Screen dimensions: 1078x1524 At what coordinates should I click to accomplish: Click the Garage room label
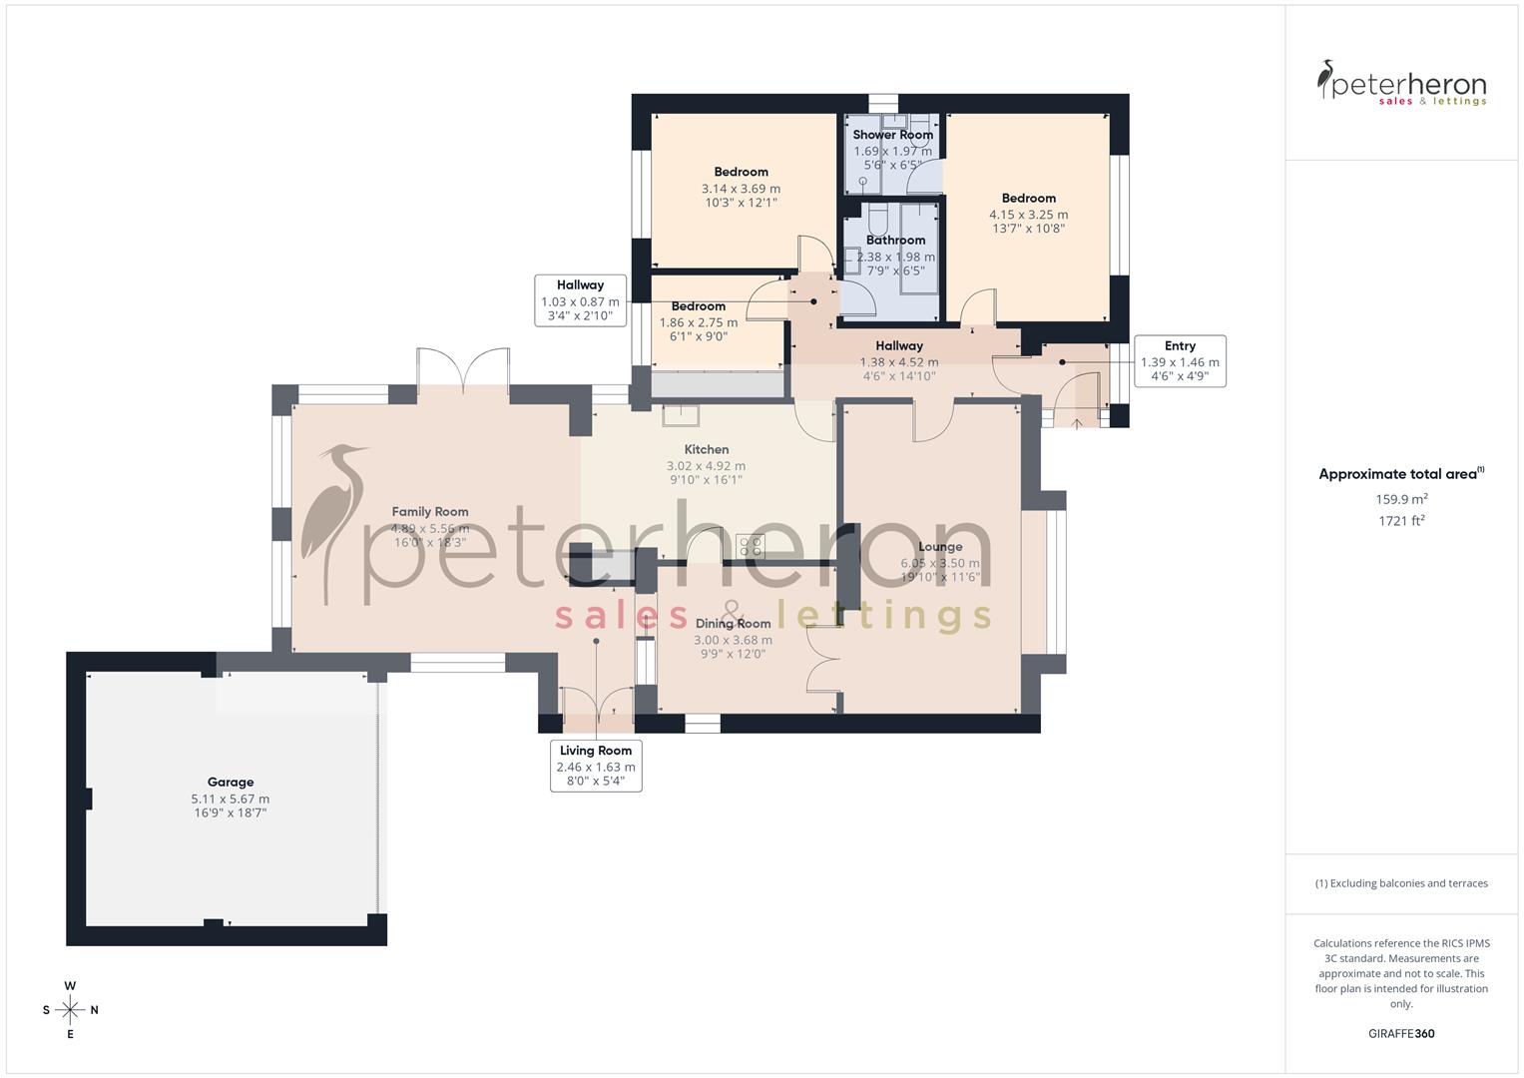pyautogui.click(x=230, y=783)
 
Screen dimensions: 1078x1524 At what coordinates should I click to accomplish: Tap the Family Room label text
pyautogui.click(x=429, y=512)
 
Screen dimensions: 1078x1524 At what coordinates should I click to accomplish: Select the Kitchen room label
pyautogui.click(x=706, y=450)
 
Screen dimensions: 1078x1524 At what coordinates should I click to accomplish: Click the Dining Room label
pyautogui.click(x=733, y=624)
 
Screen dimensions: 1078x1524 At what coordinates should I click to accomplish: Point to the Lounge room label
pyautogui.click(x=940, y=547)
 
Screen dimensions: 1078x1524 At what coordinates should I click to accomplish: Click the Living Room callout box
pyautogui.click(x=596, y=766)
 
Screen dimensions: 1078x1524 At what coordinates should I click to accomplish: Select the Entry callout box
pyautogui.click(x=1180, y=361)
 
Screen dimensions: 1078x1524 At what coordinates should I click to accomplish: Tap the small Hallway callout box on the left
pyautogui.click(x=580, y=300)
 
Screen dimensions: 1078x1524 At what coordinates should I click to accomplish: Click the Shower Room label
pyautogui.click(x=892, y=135)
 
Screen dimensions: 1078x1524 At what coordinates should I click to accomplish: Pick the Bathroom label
pyautogui.click(x=895, y=241)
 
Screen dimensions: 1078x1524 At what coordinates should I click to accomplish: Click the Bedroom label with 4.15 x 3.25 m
pyautogui.click(x=1028, y=199)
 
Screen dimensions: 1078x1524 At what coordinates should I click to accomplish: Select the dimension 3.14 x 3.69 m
pyautogui.click(x=741, y=189)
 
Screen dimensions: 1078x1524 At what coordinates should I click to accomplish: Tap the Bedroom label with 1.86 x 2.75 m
pyautogui.click(x=698, y=307)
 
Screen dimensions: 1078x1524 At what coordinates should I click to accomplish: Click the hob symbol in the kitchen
pyautogui.click(x=751, y=545)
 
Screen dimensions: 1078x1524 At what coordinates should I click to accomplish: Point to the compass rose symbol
pyautogui.click(x=70, y=1010)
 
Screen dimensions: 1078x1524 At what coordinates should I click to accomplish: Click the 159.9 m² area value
pyautogui.click(x=1401, y=499)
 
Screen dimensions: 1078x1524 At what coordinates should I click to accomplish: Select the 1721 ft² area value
pyautogui.click(x=1401, y=521)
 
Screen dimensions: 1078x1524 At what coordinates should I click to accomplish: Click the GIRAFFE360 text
pyautogui.click(x=1401, y=1034)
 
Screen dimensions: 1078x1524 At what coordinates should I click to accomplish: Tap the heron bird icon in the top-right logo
pyautogui.click(x=1326, y=79)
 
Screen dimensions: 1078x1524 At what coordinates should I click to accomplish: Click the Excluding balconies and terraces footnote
pyautogui.click(x=1401, y=883)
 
